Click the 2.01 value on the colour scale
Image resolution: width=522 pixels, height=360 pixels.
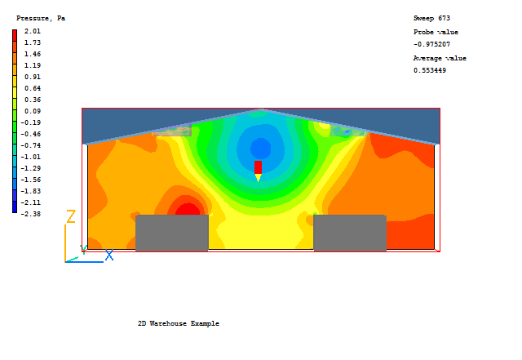pyautogui.click(x=33, y=31)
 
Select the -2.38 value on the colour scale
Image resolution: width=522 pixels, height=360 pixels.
pyautogui.click(x=31, y=214)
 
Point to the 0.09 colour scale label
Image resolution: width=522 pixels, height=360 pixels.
pyautogui.click(x=33, y=111)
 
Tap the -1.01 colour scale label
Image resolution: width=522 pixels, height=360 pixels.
pyautogui.click(x=31, y=157)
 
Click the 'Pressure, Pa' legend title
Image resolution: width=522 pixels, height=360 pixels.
pyautogui.click(x=41, y=18)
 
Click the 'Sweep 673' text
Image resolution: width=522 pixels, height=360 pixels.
pyautogui.click(x=431, y=18)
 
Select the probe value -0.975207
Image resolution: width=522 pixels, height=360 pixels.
pyautogui.click(x=431, y=44)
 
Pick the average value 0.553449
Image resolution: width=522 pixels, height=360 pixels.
pyautogui.click(x=430, y=70)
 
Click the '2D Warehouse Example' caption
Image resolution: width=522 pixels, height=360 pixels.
pyautogui.click(x=179, y=323)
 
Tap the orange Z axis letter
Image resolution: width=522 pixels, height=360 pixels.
pyautogui.click(x=71, y=216)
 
